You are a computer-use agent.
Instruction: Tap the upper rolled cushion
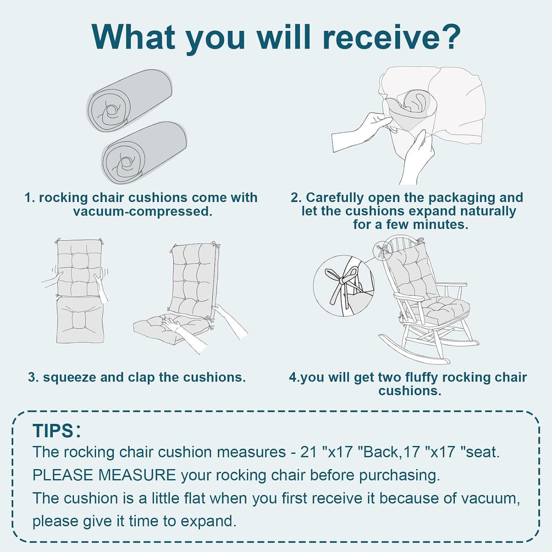click(129, 100)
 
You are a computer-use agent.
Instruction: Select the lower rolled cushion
click(144, 153)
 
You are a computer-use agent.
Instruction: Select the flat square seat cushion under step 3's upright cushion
click(80, 320)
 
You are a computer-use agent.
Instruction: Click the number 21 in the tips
click(309, 452)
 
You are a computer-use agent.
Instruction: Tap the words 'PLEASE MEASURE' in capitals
click(104, 475)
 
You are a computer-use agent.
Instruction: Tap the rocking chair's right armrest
click(451, 284)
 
